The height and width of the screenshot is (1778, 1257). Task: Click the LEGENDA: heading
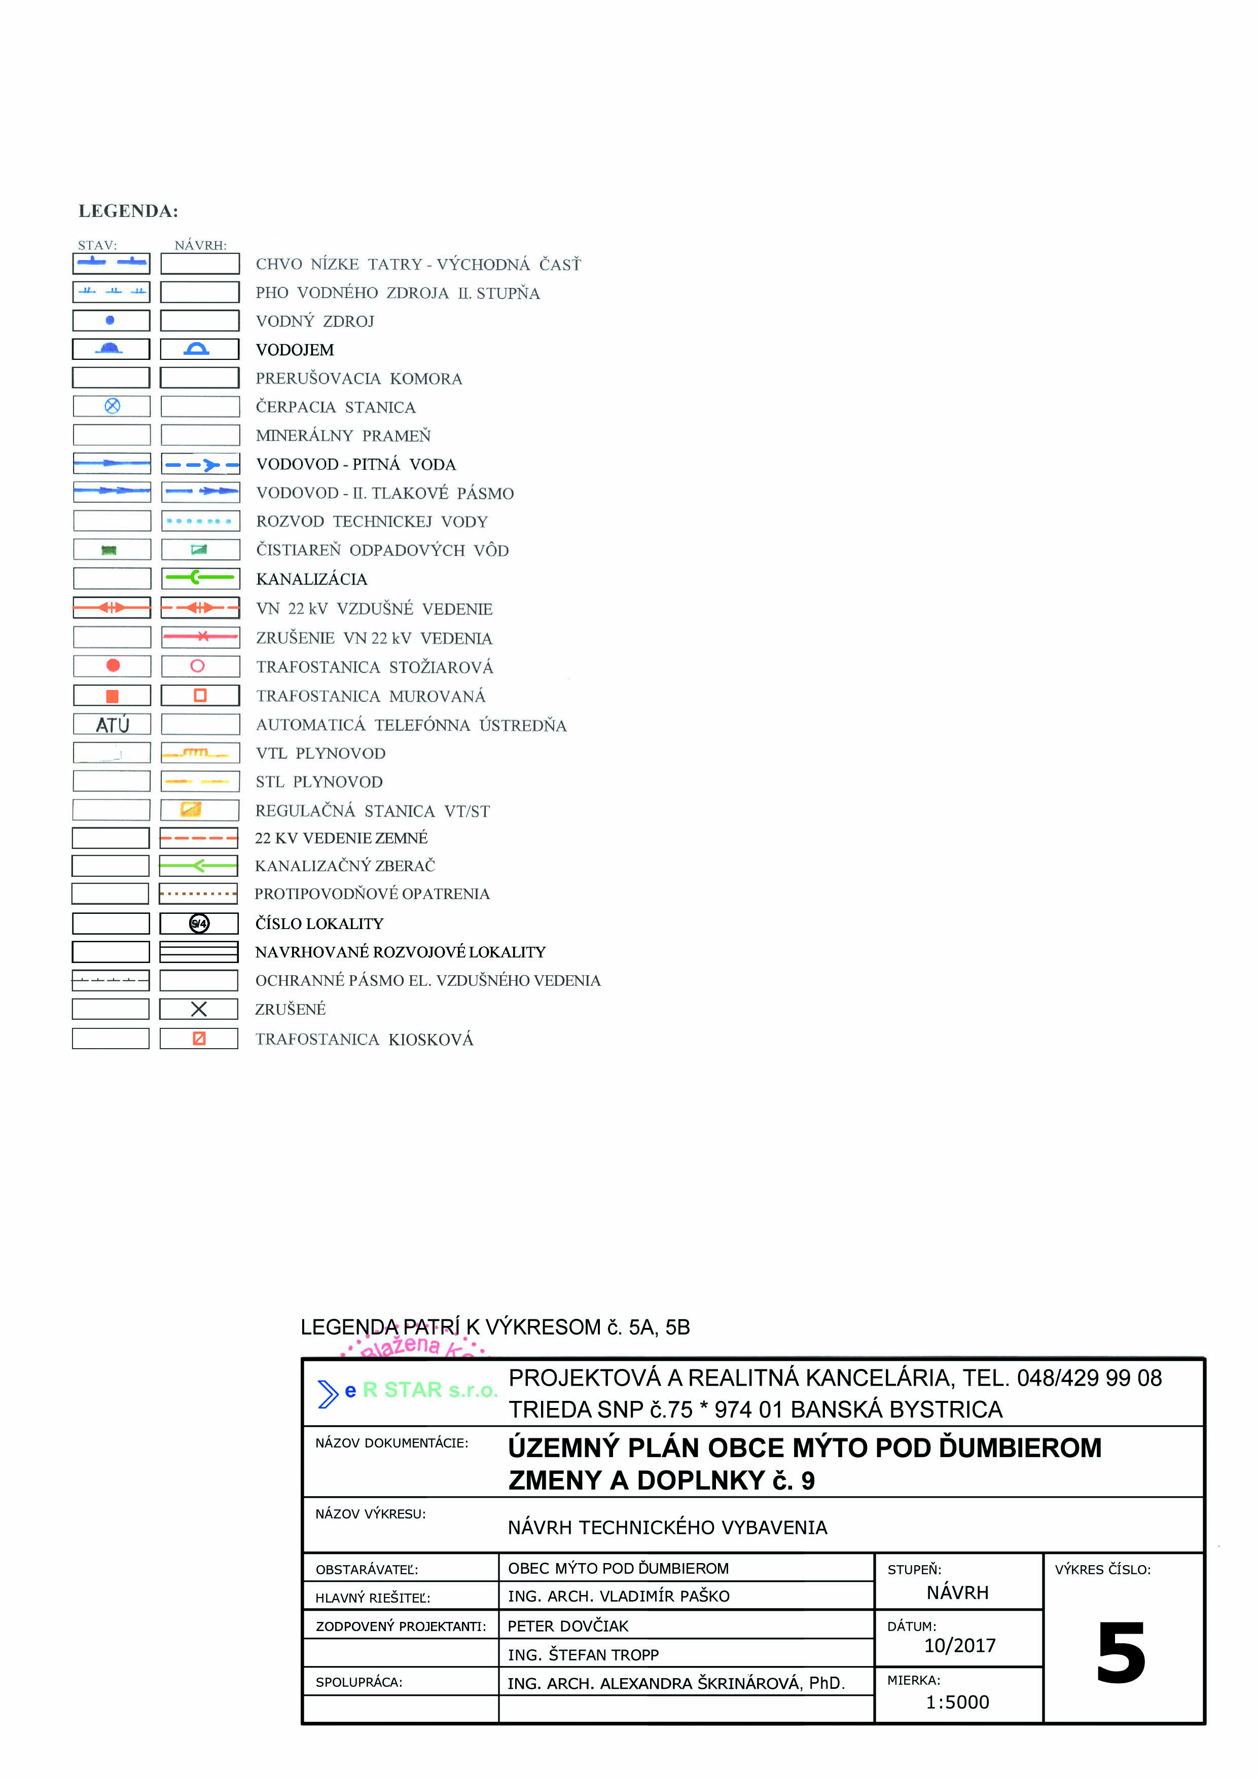tap(129, 211)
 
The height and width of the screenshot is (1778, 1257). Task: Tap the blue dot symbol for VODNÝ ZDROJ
tap(110, 320)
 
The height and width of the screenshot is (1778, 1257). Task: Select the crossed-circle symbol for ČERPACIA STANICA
tap(112, 406)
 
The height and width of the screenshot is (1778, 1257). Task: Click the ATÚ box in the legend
tap(112, 725)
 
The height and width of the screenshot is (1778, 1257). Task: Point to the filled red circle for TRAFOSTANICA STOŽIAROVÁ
tap(113, 665)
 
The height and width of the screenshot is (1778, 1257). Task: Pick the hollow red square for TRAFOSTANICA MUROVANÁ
tap(200, 695)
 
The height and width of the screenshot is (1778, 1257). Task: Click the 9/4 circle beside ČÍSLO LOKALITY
tap(199, 923)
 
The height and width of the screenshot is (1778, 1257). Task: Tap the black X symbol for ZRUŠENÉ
tap(199, 1009)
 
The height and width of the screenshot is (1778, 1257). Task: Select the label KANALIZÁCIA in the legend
tap(311, 579)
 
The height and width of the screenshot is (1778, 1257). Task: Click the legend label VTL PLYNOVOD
tap(320, 754)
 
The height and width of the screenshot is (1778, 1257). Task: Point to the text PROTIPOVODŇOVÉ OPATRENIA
tap(372, 894)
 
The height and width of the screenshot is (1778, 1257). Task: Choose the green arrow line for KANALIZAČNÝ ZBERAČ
tap(199, 865)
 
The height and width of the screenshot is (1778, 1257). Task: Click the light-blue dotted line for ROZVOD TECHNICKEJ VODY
tap(199, 521)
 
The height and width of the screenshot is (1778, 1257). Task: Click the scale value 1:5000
tap(957, 1702)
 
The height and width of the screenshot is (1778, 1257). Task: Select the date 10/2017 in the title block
tap(959, 1646)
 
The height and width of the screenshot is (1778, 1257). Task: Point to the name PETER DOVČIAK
tap(568, 1626)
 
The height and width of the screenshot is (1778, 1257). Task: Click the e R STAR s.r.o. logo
tap(407, 1391)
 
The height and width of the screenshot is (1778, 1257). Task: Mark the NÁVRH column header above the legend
tap(201, 245)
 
